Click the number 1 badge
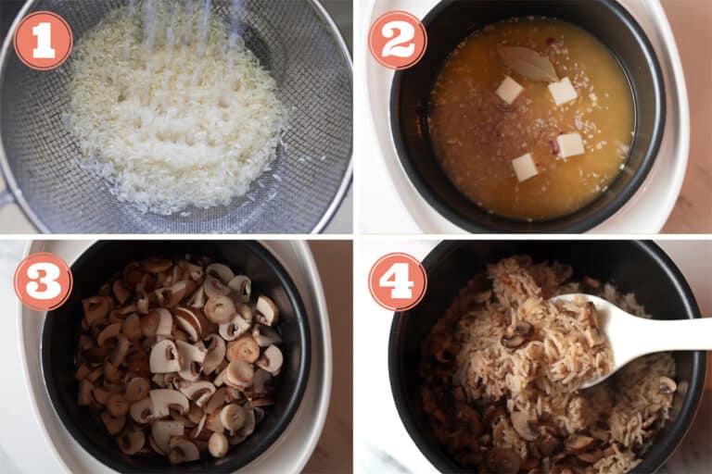[43, 40]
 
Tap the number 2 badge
[398, 40]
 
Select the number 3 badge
[43, 281]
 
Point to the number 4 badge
[398, 281]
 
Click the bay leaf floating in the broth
[527, 63]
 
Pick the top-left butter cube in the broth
[509, 90]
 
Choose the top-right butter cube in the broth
[563, 91]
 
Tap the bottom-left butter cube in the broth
[525, 167]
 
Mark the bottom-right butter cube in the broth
[569, 144]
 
